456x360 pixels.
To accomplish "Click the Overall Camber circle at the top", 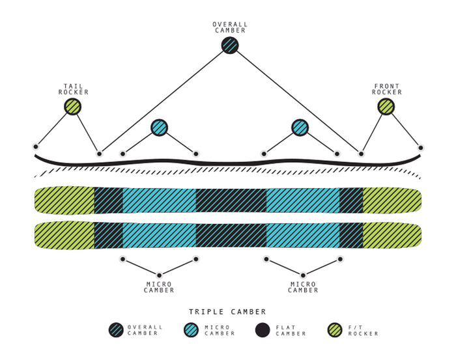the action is [x=230, y=45].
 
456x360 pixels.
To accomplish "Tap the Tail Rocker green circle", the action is [x=72, y=107].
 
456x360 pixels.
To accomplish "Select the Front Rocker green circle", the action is [x=386, y=107].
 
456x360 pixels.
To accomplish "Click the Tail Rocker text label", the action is [x=73, y=89].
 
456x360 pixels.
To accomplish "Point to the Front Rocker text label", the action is [x=387, y=89].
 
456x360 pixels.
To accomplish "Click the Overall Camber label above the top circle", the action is [x=230, y=27].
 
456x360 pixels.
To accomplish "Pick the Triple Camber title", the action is [x=227, y=312].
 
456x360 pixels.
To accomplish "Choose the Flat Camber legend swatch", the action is [x=263, y=330].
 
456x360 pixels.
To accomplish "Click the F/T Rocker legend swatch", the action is [x=335, y=330].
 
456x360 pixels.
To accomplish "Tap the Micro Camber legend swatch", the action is [x=191, y=330].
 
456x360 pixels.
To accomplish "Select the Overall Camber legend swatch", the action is [x=116, y=330].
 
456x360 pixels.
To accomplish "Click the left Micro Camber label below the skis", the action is [x=159, y=287].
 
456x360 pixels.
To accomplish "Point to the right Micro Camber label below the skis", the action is [x=303, y=287].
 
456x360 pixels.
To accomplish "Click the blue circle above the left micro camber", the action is [x=159, y=128].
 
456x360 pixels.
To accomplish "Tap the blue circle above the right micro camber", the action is [x=300, y=128].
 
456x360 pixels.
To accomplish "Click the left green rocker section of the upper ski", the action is [x=64, y=201].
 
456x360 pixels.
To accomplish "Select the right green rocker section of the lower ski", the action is [x=392, y=236].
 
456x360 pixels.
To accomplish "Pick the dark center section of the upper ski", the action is [x=231, y=201].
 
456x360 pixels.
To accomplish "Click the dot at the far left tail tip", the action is [x=35, y=146].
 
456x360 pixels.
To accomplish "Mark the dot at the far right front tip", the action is [x=421, y=148].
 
